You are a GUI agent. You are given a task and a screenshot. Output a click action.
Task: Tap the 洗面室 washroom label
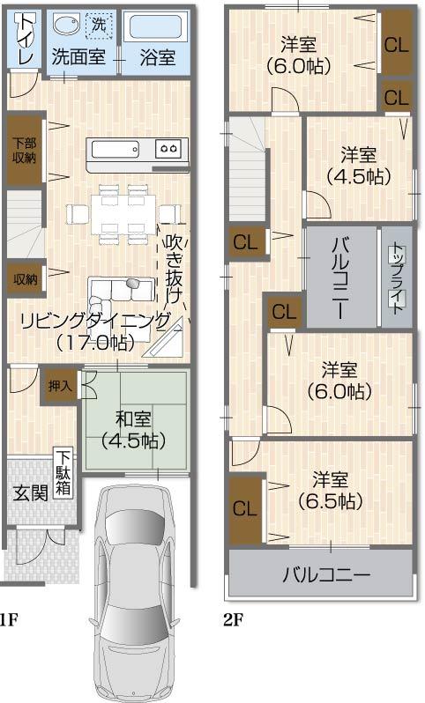[x=78, y=58]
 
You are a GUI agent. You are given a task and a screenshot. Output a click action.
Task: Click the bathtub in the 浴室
[x=156, y=26]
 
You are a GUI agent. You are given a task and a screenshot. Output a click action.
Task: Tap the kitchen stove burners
[x=169, y=148]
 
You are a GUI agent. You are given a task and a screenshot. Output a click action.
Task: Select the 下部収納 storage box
[x=24, y=150]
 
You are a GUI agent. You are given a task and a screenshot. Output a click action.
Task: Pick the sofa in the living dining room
[x=123, y=290]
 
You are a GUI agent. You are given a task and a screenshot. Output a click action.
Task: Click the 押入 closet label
[x=61, y=385]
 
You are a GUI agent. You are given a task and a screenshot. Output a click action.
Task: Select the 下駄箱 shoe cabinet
[x=64, y=474]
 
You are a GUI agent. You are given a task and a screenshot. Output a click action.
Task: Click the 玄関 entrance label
[x=29, y=493]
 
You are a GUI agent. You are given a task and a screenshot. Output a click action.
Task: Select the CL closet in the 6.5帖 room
[x=244, y=508]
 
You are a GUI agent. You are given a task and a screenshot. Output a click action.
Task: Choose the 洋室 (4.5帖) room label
[x=358, y=165]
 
